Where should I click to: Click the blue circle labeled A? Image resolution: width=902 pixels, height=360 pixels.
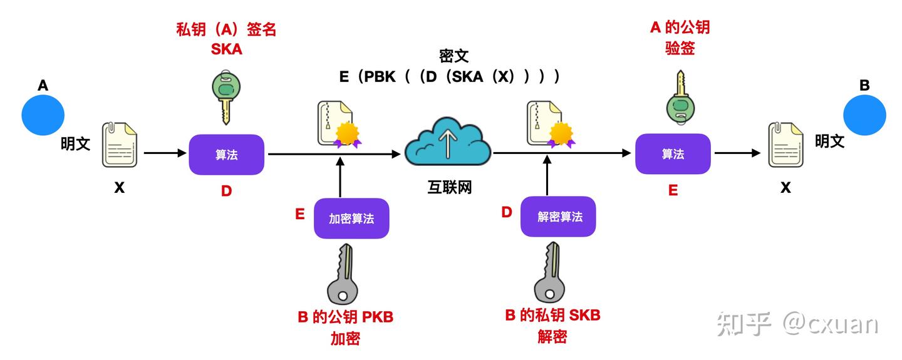[43, 115]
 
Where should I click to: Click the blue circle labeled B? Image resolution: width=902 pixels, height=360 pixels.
[864, 115]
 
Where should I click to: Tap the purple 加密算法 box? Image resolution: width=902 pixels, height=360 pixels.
[351, 219]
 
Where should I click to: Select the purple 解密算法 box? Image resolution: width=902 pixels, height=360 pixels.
[558, 217]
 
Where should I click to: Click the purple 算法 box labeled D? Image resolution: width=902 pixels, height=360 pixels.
[226, 155]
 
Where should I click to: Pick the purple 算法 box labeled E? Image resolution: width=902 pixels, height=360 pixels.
[673, 154]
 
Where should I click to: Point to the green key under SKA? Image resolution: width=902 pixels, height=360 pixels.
[226, 96]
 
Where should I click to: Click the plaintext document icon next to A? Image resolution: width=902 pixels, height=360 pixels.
[119, 145]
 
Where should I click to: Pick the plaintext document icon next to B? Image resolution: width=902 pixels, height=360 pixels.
[785, 145]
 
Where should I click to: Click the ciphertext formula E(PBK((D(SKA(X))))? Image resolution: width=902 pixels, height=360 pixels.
[449, 76]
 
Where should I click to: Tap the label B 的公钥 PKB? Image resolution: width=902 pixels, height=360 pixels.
[345, 317]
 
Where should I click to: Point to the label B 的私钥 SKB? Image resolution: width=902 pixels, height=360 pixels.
[552, 315]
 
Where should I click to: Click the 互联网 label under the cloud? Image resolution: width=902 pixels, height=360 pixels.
[449, 187]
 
